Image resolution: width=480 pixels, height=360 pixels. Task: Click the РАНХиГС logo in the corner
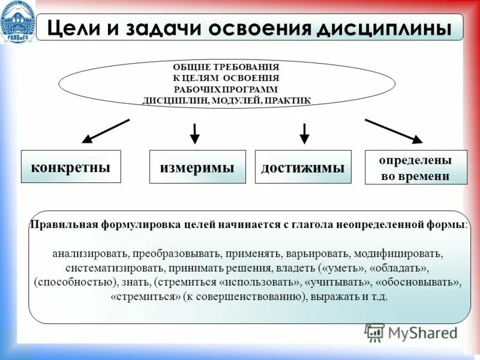pyautogui.click(x=17, y=22)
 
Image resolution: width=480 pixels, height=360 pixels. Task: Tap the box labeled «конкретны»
pyautogui.click(x=71, y=166)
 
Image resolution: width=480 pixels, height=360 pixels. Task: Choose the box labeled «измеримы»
pyautogui.click(x=197, y=167)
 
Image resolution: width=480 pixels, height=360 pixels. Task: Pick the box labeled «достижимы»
pyautogui.click(x=303, y=167)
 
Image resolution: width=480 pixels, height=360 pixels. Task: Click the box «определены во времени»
pyautogui.click(x=415, y=167)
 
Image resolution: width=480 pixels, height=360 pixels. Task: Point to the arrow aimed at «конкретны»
pyautogui.click(x=105, y=131)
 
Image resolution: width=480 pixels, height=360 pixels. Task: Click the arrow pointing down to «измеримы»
pyautogui.click(x=194, y=133)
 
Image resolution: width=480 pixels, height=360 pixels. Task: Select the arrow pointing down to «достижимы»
pyautogui.click(x=304, y=133)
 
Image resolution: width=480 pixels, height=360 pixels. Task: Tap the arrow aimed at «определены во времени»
pyautogui.click(x=394, y=131)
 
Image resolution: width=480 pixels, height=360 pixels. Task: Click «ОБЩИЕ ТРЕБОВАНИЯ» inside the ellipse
pyautogui.click(x=226, y=67)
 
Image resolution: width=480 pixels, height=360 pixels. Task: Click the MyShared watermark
pyautogui.click(x=412, y=332)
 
